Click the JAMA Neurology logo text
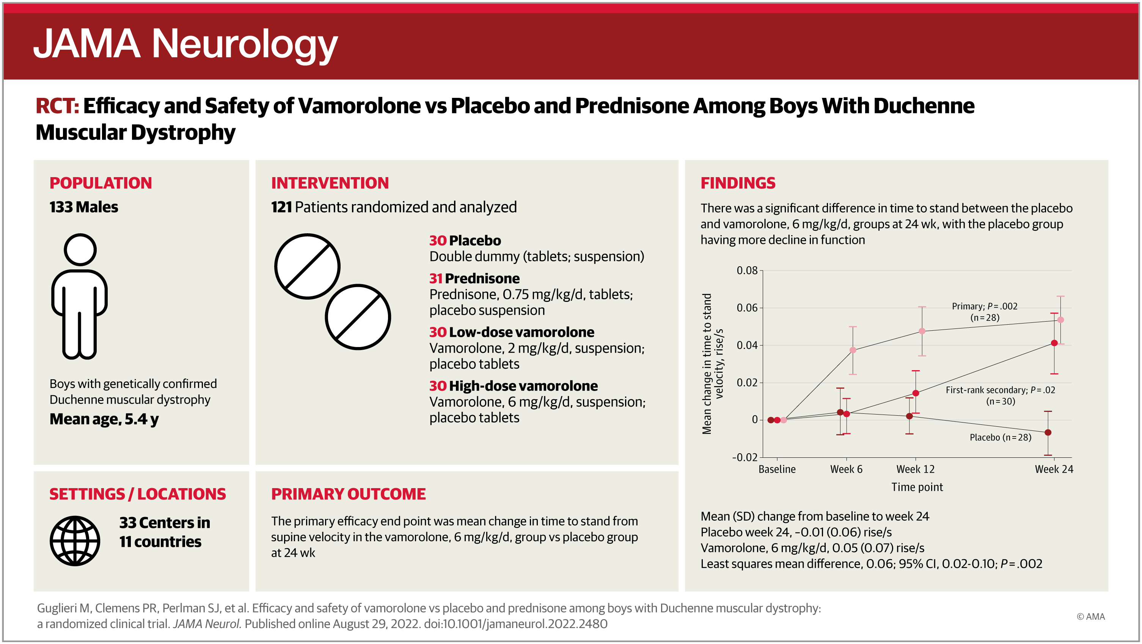pos(185,44)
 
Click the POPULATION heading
pos(101,183)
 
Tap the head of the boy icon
pos(80,250)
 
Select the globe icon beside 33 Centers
pos(75,541)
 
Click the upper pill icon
pos(307,266)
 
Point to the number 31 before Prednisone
pos(435,278)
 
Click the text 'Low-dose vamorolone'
pos(522,332)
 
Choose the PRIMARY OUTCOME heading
pos(349,494)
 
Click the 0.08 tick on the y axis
pos(747,270)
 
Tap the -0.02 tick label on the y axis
pos(745,457)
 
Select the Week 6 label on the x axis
pos(846,469)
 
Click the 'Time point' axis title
pos(917,487)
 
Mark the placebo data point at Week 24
pos(1048,432)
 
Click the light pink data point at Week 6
pos(853,350)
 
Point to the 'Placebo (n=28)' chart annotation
pos(1001,437)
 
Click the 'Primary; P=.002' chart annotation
pos(985,306)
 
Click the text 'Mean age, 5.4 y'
pos(104,419)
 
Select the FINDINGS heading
pos(738,183)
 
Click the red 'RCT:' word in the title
pos(57,106)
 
